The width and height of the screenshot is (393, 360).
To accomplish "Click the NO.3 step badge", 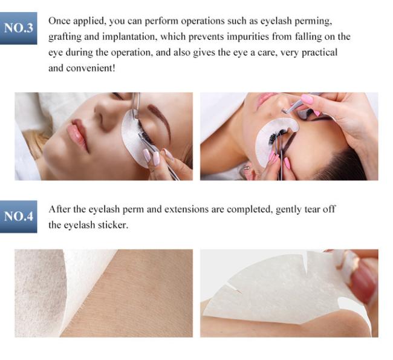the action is tap(19, 28).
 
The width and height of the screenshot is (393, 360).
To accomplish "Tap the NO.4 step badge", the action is tap(19, 217).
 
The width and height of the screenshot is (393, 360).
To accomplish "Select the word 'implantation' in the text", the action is tap(130, 37).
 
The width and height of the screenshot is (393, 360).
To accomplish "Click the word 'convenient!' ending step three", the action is tap(91, 68).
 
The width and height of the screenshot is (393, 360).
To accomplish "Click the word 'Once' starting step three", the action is tap(59, 21).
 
